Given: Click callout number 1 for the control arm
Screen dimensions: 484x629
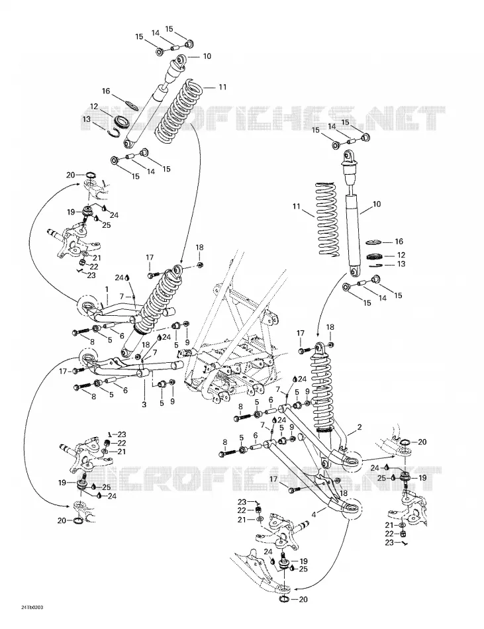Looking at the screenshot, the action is click(107, 289).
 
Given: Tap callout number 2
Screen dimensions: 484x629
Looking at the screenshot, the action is click(360, 427).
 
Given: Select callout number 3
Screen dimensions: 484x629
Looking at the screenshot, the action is click(144, 405).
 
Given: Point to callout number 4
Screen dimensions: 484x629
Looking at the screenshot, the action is click(314, 512).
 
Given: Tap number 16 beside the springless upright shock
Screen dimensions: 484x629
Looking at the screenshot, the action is click(399, 242).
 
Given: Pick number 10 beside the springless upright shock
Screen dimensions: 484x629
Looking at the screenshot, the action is click(377, 204).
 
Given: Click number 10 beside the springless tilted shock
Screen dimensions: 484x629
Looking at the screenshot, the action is click(207, 56).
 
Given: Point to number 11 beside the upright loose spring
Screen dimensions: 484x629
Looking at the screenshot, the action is click(297, 207).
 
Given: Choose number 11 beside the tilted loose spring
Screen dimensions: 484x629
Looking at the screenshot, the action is click(222, 87).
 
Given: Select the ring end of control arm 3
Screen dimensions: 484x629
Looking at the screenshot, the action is click(89, 358).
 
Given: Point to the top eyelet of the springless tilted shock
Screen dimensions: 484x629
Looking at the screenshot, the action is click(181, 61).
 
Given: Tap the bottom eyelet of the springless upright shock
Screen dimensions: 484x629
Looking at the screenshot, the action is click(354, 272).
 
